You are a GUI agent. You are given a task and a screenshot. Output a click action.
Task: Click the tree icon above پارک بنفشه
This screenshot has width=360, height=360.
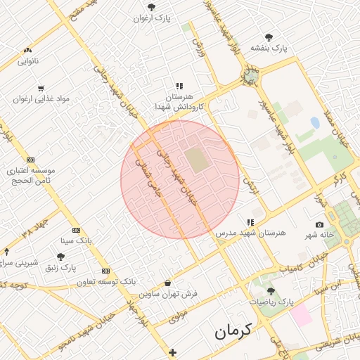(x=269, y=37)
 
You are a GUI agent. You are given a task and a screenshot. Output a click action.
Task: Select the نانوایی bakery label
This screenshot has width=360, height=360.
(x=28, y=61)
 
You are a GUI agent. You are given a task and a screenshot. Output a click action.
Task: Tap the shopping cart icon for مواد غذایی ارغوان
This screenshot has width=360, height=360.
(x=41, y=89)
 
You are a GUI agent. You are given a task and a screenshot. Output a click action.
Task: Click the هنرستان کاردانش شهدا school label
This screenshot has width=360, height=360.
(x=179, y=102)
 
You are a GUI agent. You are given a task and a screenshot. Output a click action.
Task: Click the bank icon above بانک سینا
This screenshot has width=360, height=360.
(x=76, y=230)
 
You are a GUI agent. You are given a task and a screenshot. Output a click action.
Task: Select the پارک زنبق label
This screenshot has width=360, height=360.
(x=60, y=268)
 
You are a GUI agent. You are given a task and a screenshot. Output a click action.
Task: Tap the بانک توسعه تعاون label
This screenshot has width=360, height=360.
(x=105, y=281)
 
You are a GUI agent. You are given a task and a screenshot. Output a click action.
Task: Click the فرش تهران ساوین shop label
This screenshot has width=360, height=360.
(x=168, y=293)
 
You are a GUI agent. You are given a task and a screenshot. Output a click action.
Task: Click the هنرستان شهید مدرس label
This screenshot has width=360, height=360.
(x=252, y=233)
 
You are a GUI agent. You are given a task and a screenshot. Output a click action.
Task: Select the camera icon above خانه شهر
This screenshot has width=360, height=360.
(x=320, y=224)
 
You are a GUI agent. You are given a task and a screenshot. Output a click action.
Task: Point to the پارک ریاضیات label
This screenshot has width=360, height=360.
(x=270, y=301)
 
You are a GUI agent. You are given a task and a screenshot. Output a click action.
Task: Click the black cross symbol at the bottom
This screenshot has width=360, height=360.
(x=173, y=352)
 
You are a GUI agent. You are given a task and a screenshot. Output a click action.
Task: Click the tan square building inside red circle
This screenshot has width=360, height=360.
(x=198, y=160)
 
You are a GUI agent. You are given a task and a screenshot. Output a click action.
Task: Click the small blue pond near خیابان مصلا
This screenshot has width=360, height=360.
(x=314, y=123)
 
